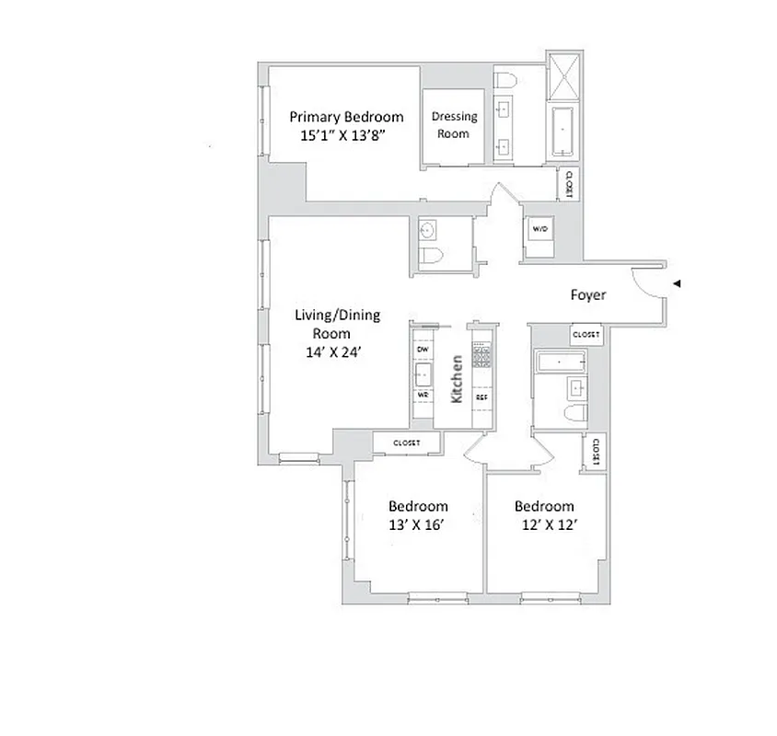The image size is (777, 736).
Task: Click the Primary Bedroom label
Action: (346, 117)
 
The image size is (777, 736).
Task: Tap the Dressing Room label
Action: (455, 124)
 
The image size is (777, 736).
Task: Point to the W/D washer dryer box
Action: (539, 227)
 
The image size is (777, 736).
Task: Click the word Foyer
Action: (588, 295)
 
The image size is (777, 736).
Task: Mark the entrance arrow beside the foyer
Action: (677, 284)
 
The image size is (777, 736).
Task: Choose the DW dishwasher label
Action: (423, 351)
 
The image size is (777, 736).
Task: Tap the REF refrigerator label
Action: (481, 397)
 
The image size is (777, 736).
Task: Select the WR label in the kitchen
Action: (423, 394)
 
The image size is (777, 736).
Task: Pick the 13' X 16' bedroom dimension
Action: (418, 524)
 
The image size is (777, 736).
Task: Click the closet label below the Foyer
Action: (586, 335)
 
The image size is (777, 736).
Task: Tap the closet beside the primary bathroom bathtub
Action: (569, 183)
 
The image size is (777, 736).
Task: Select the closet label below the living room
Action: (406, 443)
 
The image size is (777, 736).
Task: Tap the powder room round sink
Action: (429, 229)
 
